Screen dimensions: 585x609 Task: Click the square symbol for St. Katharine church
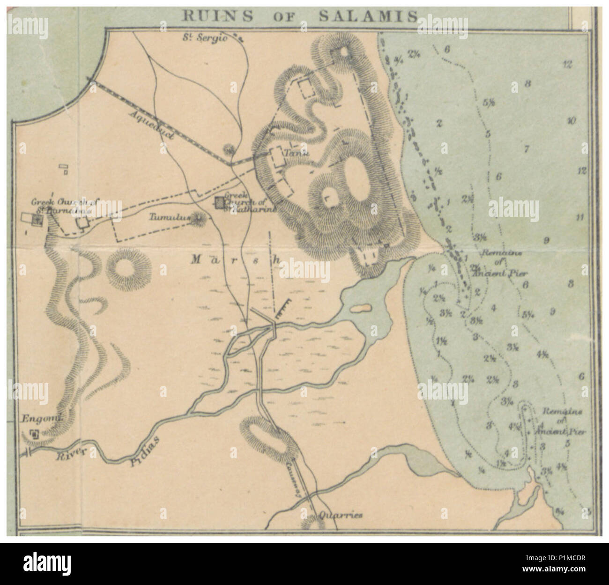219,202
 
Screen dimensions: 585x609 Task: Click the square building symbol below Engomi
34,434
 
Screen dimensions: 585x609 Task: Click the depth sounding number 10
571,121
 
